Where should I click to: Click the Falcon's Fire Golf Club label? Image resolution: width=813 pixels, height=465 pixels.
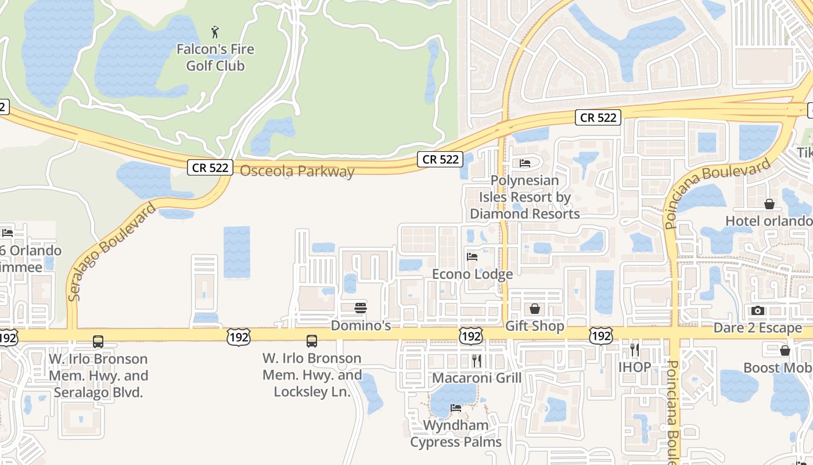(x=215, y=58)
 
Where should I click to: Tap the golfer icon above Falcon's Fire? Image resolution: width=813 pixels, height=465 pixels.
(x=215, y=31)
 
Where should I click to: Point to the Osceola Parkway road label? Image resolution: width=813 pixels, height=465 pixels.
(x=297, y=171)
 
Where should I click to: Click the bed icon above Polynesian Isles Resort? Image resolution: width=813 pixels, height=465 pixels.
(x=525, y=163)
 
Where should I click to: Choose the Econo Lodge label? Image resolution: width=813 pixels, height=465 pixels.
(x=472, y=274)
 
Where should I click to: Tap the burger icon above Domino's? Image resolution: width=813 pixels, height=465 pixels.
(x=361, y=307)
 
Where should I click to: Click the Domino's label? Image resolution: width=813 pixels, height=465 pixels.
(x=361, y=325)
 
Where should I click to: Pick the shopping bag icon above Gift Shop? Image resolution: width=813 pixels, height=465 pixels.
(x=534, y=309)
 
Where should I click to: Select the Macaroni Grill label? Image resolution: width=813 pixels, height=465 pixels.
(x=477, y=378)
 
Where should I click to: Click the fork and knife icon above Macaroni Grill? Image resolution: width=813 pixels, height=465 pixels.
(x=477, y=361)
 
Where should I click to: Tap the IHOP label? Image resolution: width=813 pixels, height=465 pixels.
(x=635, y=367)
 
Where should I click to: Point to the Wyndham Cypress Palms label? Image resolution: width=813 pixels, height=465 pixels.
(x=456, y=434)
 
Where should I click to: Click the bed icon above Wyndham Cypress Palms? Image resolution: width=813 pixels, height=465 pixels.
(x=456, y=408)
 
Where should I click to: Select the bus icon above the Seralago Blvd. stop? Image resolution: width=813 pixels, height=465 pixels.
(x=98, y=342)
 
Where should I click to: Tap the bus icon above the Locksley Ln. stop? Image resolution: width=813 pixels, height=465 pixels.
(x=312, y=341)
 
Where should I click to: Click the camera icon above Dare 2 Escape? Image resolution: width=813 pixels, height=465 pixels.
(x=757, y=311)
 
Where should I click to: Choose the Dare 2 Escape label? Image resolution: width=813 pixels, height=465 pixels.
(x=757, y=328)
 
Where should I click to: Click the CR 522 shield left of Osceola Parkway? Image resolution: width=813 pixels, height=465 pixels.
(x=210, y=168)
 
